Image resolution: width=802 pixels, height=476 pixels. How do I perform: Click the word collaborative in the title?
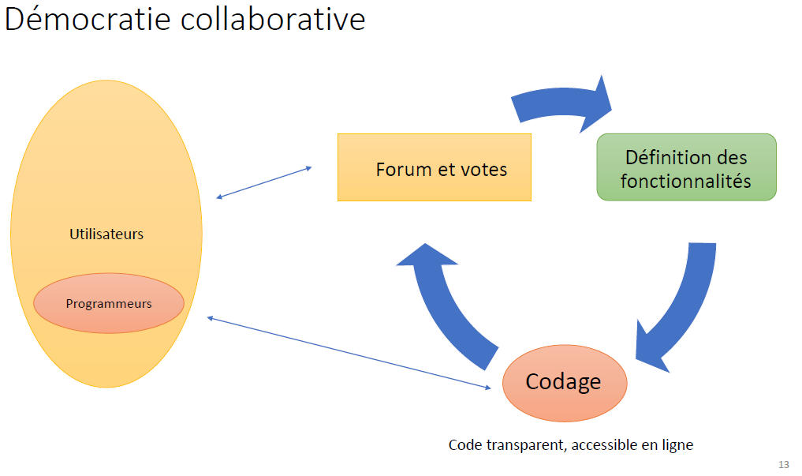[273, 19]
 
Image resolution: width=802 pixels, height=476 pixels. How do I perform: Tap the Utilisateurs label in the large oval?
[106, 234]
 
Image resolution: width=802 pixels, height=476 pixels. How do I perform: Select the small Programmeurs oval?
[109, 303]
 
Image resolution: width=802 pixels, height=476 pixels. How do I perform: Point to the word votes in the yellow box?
[480, 169]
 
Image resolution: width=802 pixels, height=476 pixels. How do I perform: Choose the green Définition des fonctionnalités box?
[686, 167]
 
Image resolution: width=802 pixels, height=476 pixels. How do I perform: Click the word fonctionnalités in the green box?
[686, 181]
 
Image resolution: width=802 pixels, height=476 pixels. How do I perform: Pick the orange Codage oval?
[564, 382]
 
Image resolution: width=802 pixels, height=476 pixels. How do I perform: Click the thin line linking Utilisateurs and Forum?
[264, 182]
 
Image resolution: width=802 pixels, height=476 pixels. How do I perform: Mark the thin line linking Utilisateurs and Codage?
[347, 352]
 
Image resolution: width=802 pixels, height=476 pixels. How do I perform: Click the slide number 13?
[783, 464]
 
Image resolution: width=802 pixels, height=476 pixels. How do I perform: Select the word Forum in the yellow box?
[404, 169]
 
